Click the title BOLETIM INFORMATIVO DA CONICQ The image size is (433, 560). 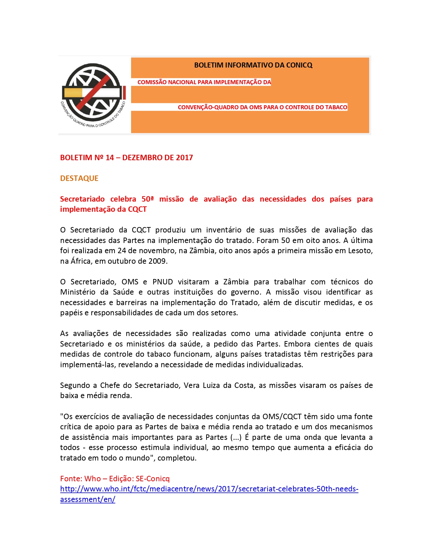pyautogui.click(x=253, y=65)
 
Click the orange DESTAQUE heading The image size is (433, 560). pyautogui.click(x=79, y=178)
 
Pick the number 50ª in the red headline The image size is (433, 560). pyautogui.click(x=147, y=199)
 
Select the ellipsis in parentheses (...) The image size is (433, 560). pyautogui.click(x=236, y=437)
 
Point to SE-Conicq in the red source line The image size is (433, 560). pyautogui.click(x=152, y=479)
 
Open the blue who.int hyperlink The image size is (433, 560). pyautogui.click(x=209, y=489)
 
